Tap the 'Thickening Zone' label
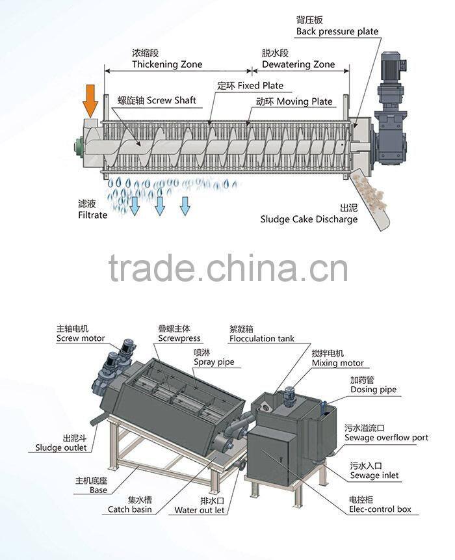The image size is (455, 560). [x=167, y=64]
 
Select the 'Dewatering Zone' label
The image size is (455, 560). [x=298, y=64]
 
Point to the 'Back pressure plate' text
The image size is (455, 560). [x=337, y=31]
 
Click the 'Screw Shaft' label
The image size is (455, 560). [x=171, y=101]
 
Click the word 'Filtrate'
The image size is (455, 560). [x=92, y=215]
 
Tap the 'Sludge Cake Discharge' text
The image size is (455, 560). [x=309, y=219]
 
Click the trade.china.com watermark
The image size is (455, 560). [x=227, y=267]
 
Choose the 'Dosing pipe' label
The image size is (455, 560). [x=373, y=390]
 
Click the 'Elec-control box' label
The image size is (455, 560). [x=380, y=509]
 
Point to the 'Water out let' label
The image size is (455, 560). [x=199, y=510]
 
